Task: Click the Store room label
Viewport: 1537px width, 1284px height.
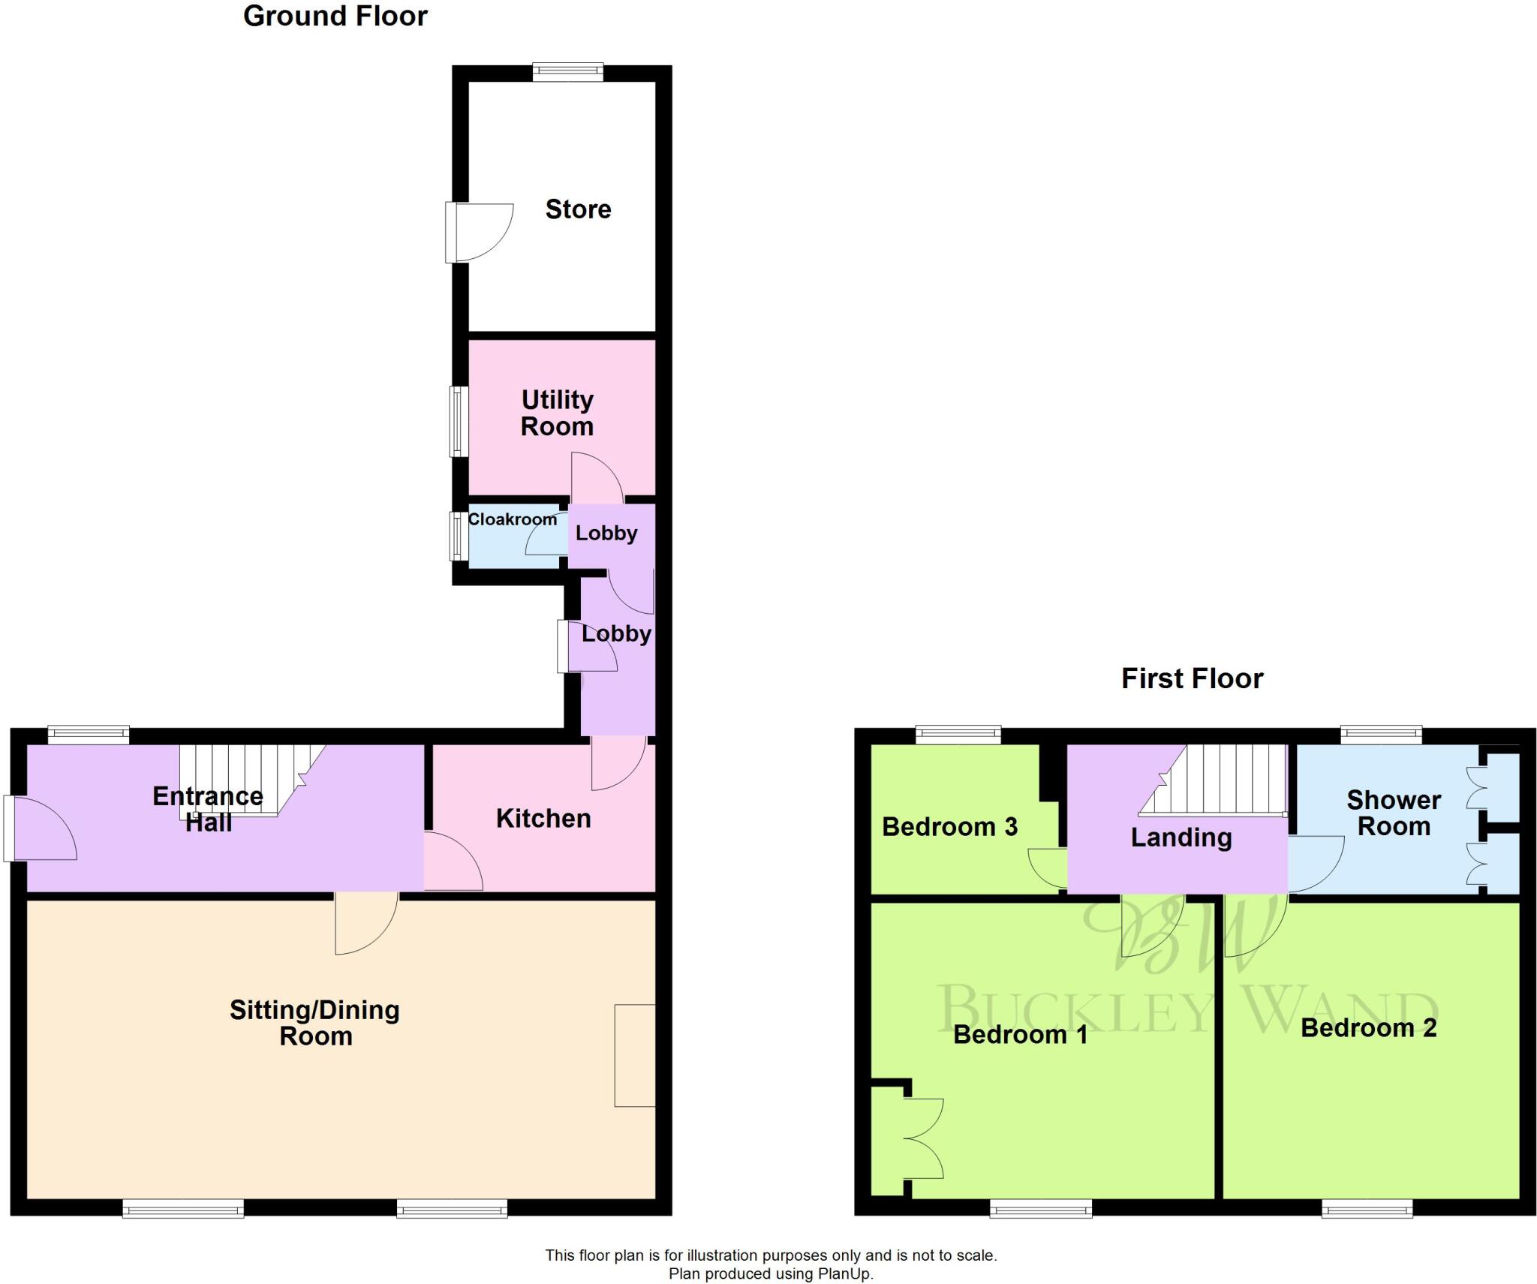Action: pyautogui.click(x=578, y=209)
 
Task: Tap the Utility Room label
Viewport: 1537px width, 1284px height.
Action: pyautogui.click(x=557, y=413)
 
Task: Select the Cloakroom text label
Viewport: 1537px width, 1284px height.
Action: pyautogui.click(x=512, y=519)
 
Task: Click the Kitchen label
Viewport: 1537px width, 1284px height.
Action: pyautogui.click(x=543, y=818)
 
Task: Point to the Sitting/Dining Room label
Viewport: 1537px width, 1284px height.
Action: pyautogui.click(x=314, y=1023)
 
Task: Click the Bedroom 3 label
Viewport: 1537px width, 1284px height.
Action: pyautogui.click(x=949, y=827)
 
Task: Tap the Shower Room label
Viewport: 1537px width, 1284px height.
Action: pyautogui.click(x=1394, y=813)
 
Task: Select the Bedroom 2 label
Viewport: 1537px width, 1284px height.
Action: pyautogui.click(x=1368, y=1027)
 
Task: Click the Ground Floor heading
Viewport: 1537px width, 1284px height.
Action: pyautogui.click(x=335, y=17)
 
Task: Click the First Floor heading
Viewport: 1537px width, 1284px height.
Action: pyautogui.click(x=1192, y=678)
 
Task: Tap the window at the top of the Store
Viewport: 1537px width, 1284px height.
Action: pyautogui.click(x=567, y=72)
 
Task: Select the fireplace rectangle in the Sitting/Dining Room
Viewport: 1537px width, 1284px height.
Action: pyautogui.click(x=635, y=1055)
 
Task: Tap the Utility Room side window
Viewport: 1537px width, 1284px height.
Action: pyautogui.click(x=459, y=421)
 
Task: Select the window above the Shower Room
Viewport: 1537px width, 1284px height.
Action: pyautogui.click(x=1381, y=735)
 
